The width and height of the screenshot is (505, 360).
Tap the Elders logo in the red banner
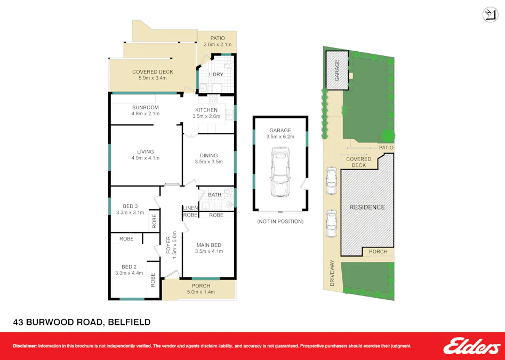[471, 346]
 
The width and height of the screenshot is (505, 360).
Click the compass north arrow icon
[490, 15]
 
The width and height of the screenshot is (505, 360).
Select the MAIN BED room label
[209, 245]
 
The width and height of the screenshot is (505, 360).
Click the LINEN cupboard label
[190, 208]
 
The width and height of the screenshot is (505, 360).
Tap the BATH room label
[214, 195]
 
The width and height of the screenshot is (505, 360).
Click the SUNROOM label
[146, 107]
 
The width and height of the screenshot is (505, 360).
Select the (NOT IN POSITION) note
[280, 221]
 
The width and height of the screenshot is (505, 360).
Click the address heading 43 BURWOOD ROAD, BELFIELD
[82, 322]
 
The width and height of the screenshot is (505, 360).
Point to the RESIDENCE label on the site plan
[367, 207]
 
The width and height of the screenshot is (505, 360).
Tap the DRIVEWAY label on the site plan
[332, 273]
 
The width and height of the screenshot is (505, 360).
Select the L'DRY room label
[215, 75]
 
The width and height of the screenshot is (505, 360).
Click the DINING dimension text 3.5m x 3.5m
[209, 162]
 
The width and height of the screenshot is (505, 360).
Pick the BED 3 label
[130, 206]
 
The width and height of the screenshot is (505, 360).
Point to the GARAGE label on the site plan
[337, 70]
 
